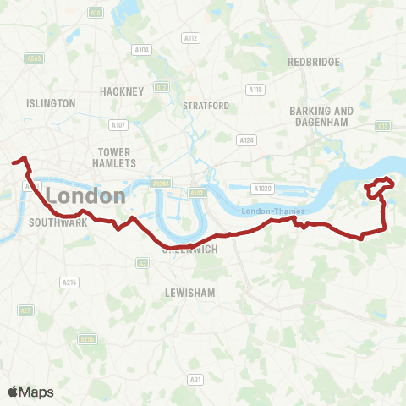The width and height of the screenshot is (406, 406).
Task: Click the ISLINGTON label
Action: tap(51, 103)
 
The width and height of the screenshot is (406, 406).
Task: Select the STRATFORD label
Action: tap(206, 106)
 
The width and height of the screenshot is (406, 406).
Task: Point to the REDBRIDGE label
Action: tap(313, 62)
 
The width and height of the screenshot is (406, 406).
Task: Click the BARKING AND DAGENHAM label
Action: tap(321, 116)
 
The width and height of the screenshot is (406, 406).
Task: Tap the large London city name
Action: tap(85, 195)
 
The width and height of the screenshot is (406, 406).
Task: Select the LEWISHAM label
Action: tap(190, 292)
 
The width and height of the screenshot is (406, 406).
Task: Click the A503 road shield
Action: tap(35, 58)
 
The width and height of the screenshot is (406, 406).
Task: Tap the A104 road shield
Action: tap(142, 50)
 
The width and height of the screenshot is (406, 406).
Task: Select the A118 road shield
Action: tap(255, 90)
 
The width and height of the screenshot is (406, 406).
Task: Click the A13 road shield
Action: tap(383, 126)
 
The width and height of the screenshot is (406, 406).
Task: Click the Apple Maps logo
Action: tap(30, 392)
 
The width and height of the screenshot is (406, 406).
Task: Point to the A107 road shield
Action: tap(118, 125)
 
